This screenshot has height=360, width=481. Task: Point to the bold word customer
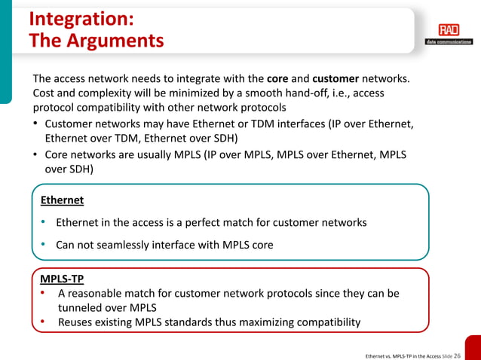point(335,78)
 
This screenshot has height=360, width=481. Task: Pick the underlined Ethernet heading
point(62,200)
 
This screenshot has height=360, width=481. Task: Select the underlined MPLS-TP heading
point(62,279)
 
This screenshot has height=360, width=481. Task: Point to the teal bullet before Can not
point(44,245)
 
